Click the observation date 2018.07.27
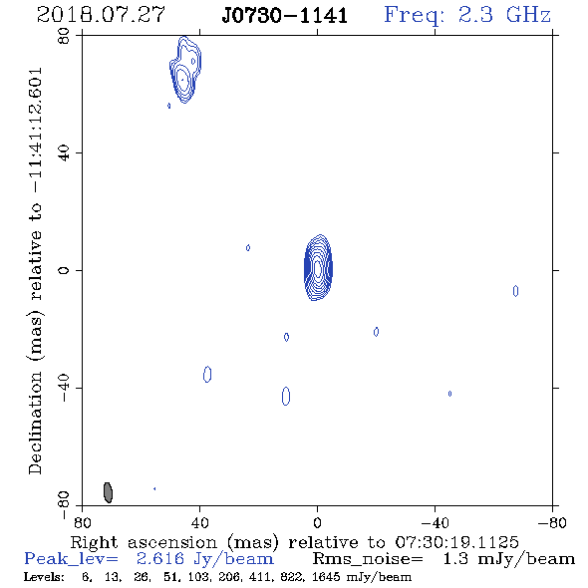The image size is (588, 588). (101, 15)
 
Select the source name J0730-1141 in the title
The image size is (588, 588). (285, 16)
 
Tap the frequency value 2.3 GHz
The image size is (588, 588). (504, 15)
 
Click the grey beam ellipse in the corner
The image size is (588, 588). (108, 492)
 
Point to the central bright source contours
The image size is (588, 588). (318, 268)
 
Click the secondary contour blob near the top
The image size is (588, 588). (184, 70)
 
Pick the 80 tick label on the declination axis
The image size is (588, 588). (64, 36)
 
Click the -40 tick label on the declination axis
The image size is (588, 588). (64, 388)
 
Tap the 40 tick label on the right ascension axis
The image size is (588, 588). (199, 523)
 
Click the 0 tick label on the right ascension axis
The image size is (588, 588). (317, 523)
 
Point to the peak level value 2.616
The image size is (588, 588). (160, 558)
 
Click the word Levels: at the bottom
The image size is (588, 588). (44, 576)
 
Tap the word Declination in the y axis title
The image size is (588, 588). (35, 423)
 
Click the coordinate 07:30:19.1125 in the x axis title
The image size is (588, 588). (456, 542)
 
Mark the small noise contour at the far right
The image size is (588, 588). (515, 291)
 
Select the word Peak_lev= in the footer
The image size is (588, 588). (71, 559)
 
